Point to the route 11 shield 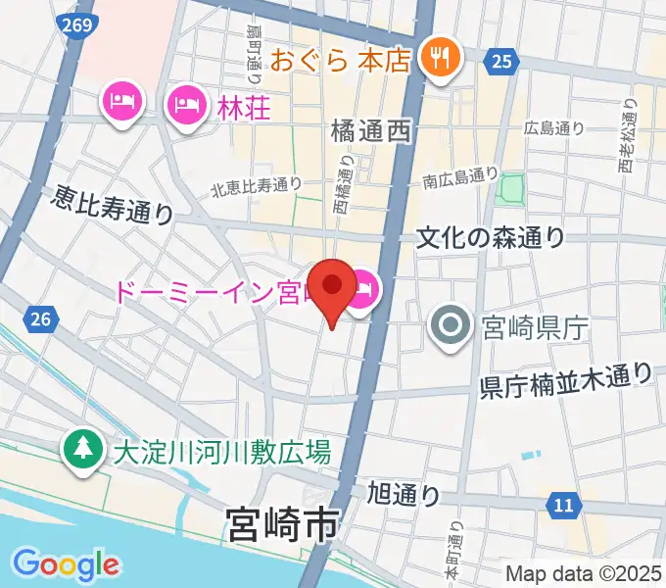(561, 505)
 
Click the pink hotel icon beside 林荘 (185, 102)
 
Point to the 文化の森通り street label (491, 236)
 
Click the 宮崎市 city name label (281, 524)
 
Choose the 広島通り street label (554, 126)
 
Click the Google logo (66, 564)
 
